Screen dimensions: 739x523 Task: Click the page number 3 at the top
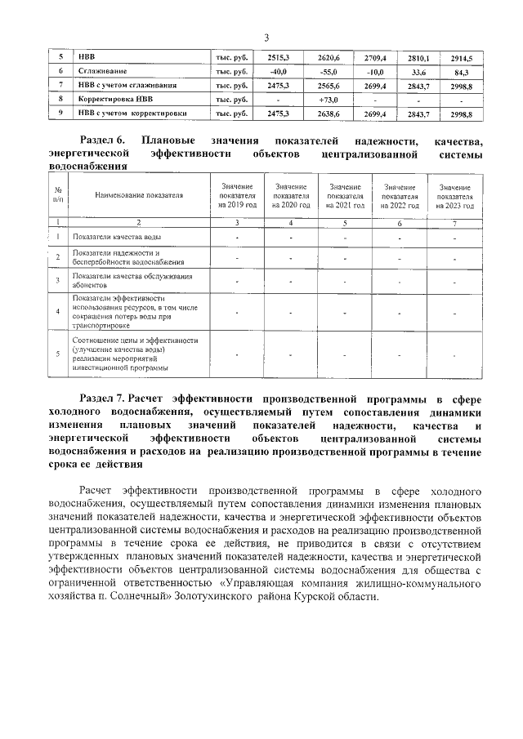coord(266,37)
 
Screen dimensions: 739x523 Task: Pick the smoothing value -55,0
coord(332,72)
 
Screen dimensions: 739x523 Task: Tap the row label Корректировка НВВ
coord(113,100)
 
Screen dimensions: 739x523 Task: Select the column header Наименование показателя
coord(139,195)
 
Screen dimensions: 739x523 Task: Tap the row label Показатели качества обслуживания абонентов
coord(126,282)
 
